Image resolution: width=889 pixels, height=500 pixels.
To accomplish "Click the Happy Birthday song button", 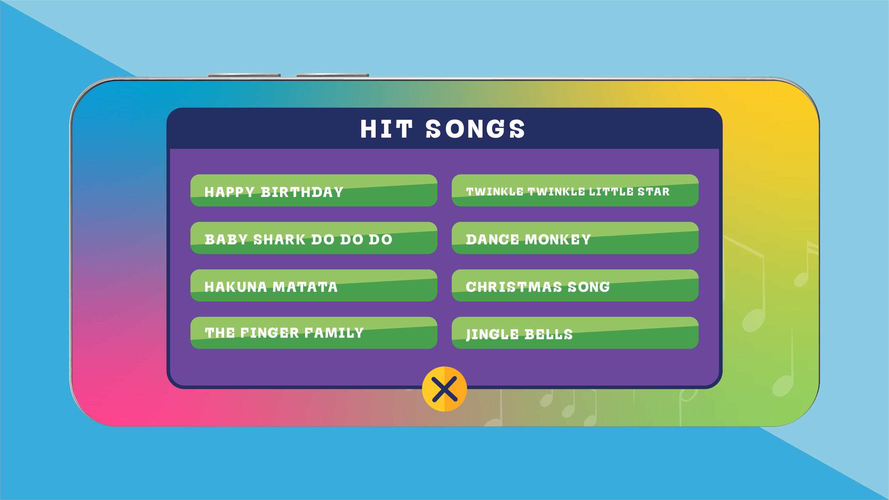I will [x=314, y=190].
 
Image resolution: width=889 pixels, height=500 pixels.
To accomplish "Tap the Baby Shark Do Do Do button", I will [x=314, y=238].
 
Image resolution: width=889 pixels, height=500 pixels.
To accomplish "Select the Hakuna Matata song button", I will [x=314, y=285].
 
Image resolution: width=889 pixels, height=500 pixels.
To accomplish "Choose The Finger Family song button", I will [x=314, y=333].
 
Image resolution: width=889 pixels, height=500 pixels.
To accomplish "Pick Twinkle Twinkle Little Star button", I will [x=575, y=190].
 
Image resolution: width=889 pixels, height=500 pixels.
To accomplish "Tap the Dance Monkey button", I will [x=575, y=238].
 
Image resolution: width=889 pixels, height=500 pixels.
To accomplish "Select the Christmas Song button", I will [x=575, y=285].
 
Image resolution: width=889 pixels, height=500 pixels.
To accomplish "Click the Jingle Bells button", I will [x=575, y=333].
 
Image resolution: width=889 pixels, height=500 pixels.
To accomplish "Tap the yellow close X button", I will [x=444, y=389].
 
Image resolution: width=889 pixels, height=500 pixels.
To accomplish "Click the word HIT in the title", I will [x=386, y=129].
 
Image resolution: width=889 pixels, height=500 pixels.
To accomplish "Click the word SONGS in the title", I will [x=475, y=129].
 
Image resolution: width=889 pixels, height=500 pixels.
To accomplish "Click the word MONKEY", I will [x=558, y=240].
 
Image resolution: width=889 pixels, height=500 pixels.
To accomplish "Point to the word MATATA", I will [x=305, y=287].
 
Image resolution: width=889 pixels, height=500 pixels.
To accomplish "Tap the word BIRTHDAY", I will [x=302, y=192].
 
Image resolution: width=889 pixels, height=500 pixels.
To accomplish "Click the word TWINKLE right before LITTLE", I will [x=556, y=192].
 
